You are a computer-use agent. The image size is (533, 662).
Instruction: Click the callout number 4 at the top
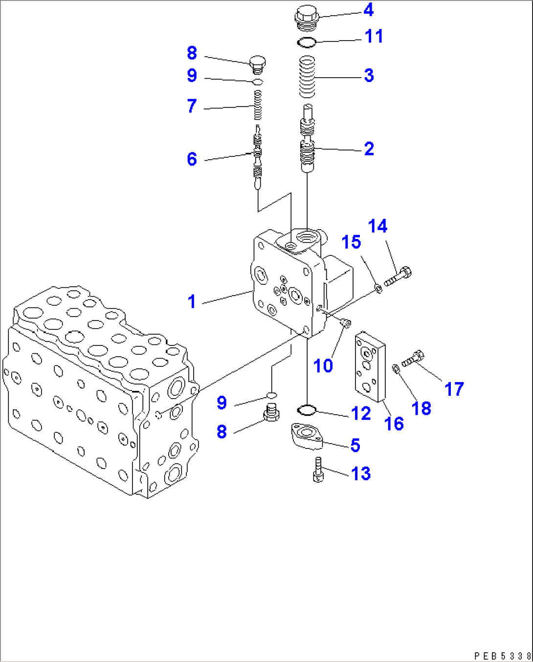click(369, 10)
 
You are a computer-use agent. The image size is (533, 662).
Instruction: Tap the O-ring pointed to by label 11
click(307, 43)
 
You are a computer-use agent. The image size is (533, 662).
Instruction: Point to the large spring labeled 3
click(307, 77)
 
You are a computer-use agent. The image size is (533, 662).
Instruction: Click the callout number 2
click(369, 149)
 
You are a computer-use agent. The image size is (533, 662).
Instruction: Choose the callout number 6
click(192, 159)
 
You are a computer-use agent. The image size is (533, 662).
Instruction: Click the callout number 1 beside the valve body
click(192, 301)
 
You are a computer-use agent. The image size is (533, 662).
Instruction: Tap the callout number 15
click(351, 242)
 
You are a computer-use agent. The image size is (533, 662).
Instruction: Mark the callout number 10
click(323, 365)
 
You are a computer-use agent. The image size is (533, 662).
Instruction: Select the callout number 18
click(422, 408)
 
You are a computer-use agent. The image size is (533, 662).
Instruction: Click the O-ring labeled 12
click(307, 409)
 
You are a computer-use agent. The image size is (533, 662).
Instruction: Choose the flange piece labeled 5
click(307, 436)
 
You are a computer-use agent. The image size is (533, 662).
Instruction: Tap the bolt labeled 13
click(318, 470)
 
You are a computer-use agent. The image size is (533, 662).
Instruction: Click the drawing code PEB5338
click(502, 656)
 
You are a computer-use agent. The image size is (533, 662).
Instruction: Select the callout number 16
click(394, 424)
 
